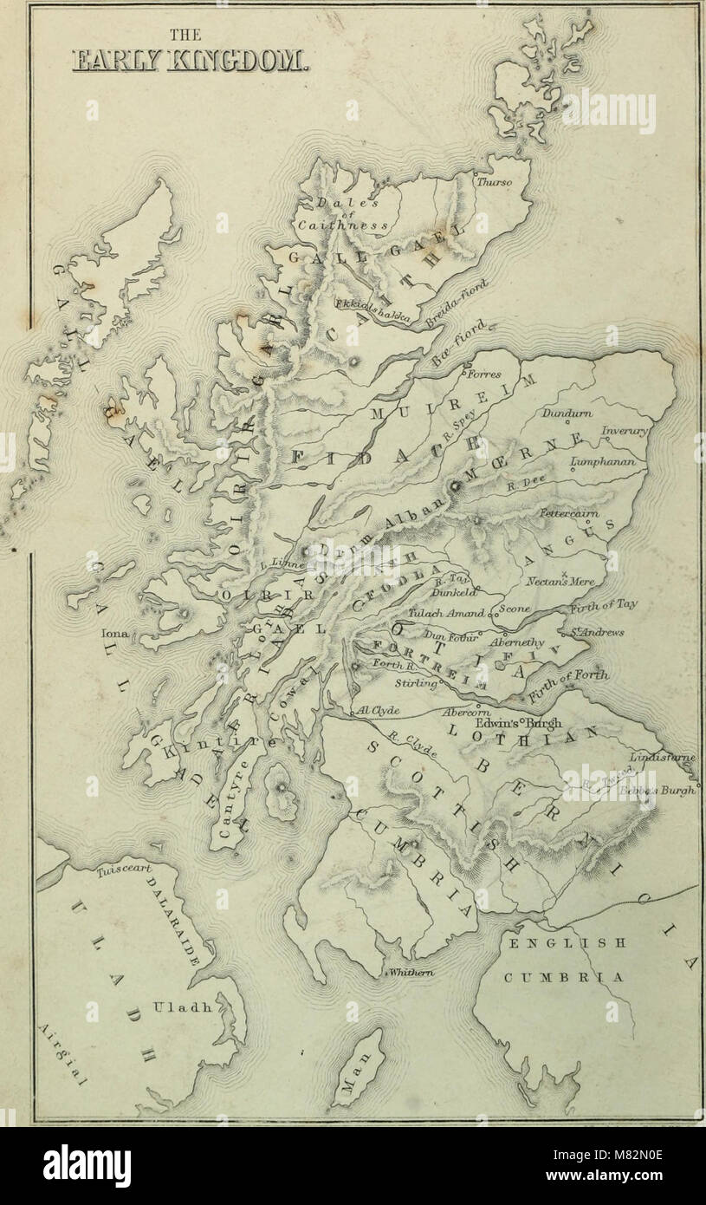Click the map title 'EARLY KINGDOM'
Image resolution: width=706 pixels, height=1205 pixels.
point(187,62)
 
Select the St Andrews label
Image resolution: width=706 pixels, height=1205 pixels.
point(599,632)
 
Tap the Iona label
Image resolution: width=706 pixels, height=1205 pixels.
point(113,635)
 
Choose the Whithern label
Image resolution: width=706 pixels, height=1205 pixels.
point(411,974)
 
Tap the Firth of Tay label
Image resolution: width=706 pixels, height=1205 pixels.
point(604,606)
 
